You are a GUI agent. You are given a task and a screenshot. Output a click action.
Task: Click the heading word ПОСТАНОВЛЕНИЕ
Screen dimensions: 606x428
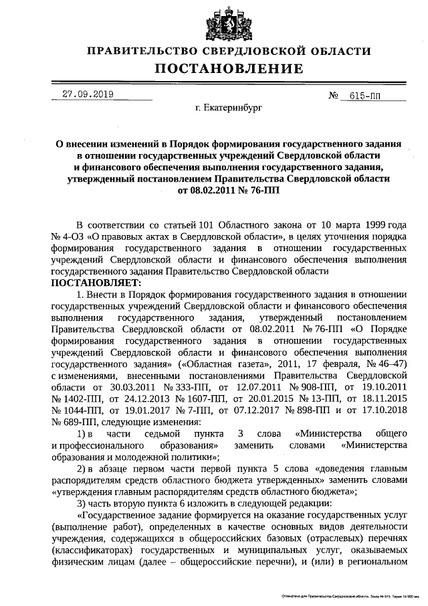tap(229, 69)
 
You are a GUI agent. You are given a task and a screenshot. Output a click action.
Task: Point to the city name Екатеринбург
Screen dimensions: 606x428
tap(229, 107)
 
